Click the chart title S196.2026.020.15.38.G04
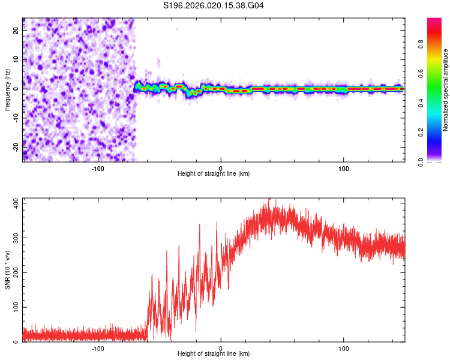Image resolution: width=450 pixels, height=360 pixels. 214,6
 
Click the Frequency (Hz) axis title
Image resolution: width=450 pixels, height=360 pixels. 7,90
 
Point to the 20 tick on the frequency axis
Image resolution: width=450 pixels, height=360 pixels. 16,31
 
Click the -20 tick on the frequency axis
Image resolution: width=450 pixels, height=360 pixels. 15,146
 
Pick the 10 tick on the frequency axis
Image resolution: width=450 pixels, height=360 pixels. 16,60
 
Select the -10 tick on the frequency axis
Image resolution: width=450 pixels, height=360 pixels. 15,118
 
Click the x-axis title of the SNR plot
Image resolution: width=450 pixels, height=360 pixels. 214,355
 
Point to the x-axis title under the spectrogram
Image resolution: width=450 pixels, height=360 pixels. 214,174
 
